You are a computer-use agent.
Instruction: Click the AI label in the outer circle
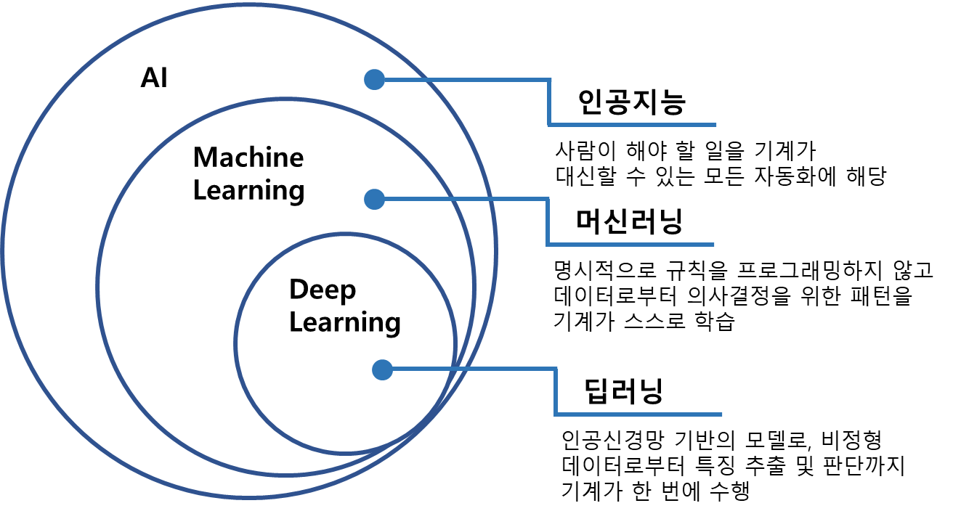coord(154,78)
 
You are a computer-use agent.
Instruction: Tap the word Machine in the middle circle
coord(248,157)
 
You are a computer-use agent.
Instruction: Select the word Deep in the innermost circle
coord(323,290)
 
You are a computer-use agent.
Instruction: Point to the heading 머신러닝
coord(629,222)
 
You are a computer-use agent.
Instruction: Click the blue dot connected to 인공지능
coord(374,79)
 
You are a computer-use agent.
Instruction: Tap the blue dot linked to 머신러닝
coord(374,198)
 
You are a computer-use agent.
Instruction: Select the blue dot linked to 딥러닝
coord(382,370)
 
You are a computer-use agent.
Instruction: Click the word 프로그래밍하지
coord(803,272)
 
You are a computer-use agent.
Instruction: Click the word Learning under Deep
coord(345,322)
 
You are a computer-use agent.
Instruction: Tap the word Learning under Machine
coord(249,191)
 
